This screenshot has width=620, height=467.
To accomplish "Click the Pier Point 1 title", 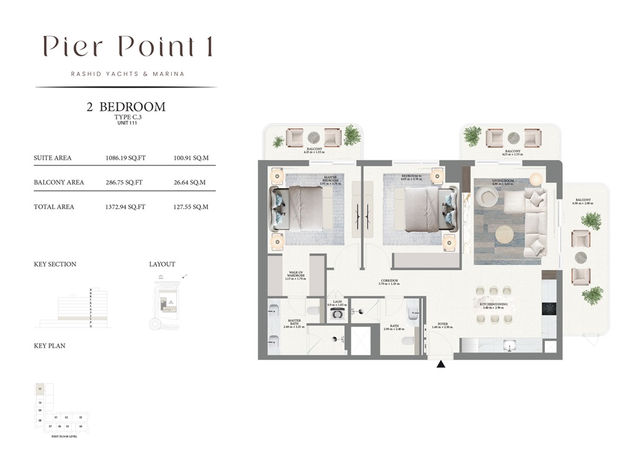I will point(128,47).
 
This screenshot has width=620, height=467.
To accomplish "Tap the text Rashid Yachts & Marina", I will point(128,74).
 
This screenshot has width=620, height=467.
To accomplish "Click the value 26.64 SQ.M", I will point(191,183).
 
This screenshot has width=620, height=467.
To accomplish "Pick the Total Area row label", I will point(53,207).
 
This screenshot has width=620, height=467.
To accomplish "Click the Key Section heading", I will point(55,264).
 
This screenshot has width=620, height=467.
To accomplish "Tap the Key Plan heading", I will point(50,346).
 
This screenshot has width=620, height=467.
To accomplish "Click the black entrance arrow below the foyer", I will point(441,364).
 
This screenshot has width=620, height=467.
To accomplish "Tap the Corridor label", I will point(389,282).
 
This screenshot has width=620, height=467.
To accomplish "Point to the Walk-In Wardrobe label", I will point(294,276).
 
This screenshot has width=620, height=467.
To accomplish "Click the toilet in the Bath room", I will point(407,340).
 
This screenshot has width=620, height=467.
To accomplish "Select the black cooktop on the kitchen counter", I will point(549,308).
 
